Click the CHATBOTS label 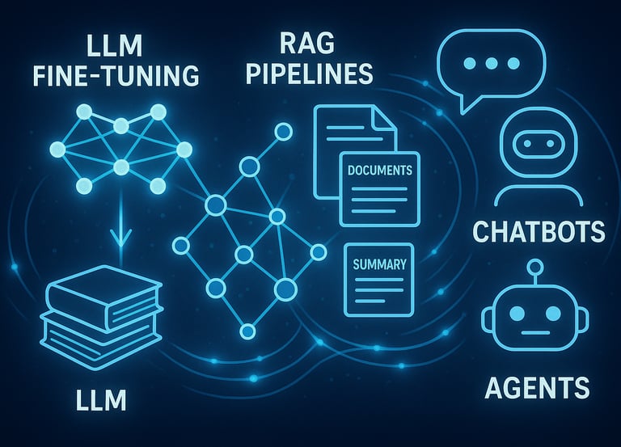(x=538, y=231)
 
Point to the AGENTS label (x=537, y=389)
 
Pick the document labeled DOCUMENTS (x=379, y=188)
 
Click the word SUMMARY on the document (x=379, y=264)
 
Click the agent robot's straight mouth (x=534, y=332)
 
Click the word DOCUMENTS (x=379, y=171)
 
